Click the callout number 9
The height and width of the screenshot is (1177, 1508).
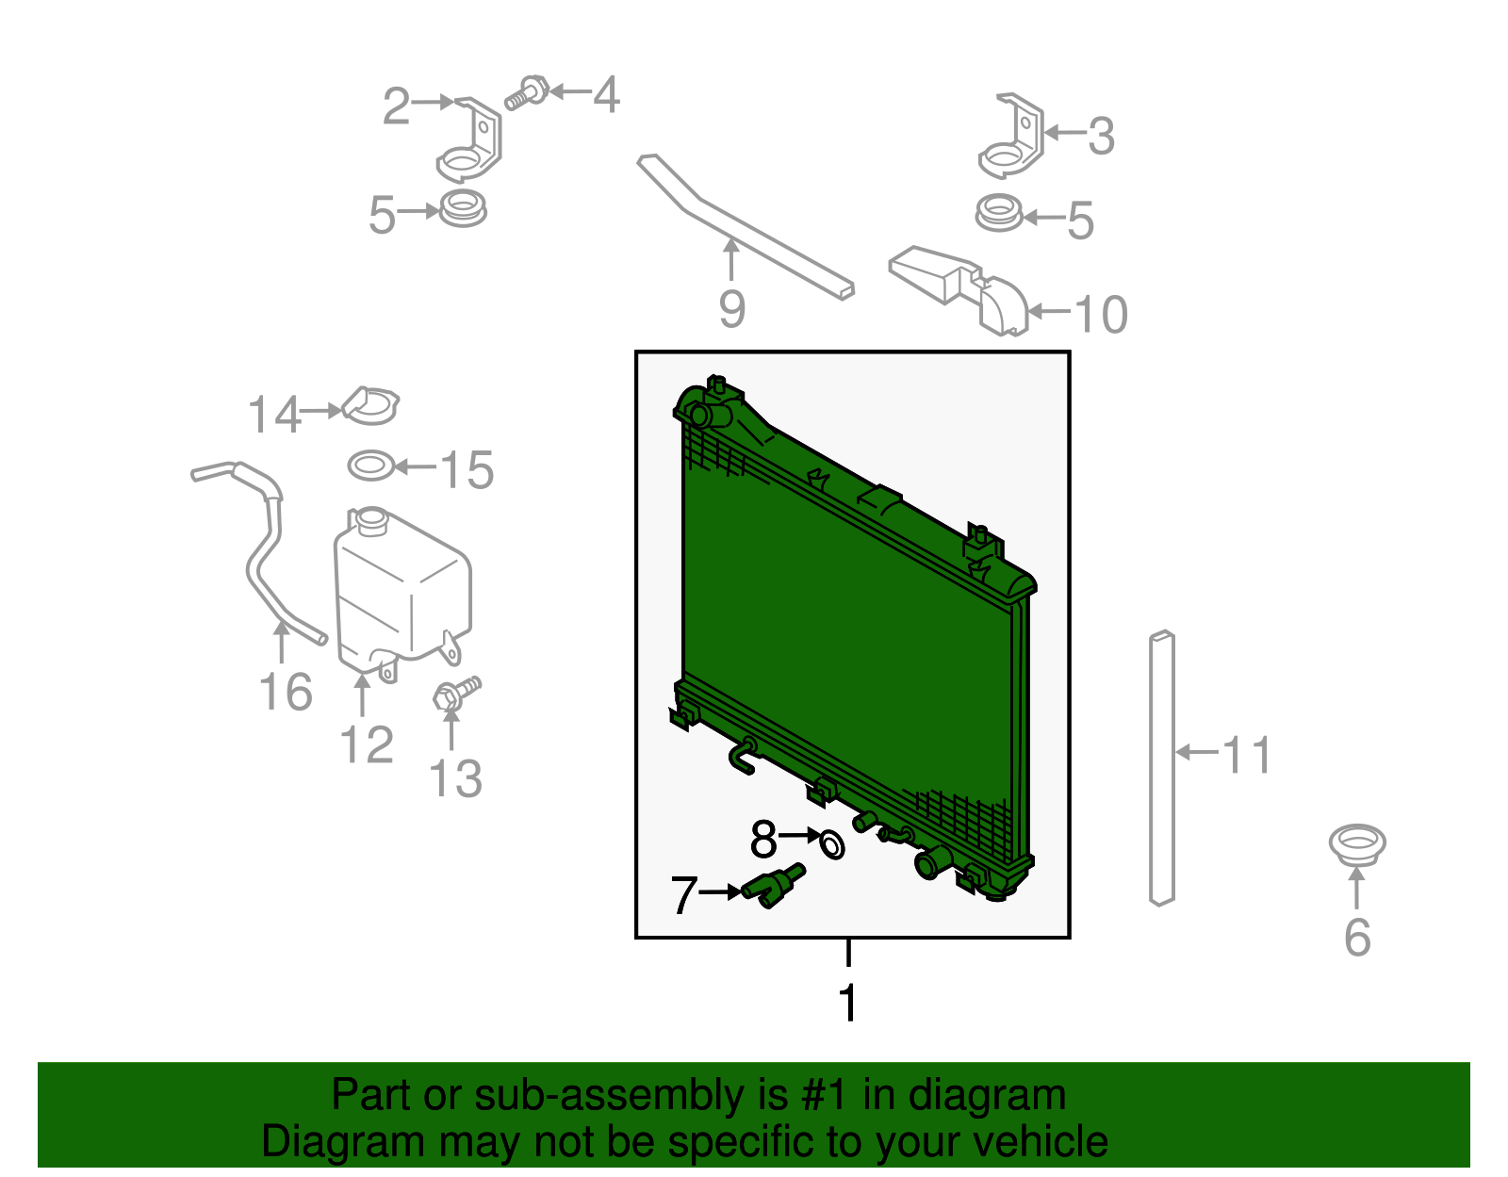[731, 309]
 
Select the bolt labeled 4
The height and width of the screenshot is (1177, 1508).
[527, 93]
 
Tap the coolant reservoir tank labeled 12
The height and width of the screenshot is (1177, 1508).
[402, 592]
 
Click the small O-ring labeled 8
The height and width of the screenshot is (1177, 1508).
[832, 844]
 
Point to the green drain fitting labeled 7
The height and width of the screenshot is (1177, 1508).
[773, 886]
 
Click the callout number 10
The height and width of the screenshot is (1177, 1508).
[1101, 315]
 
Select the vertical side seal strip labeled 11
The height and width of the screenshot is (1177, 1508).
[1162, 768]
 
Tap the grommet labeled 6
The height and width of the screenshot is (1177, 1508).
[1356, 844]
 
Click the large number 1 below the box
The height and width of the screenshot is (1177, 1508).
[848, 1003]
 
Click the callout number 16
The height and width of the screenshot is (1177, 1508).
[286, 693]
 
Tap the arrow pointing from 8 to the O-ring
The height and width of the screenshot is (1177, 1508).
[799, 836]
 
